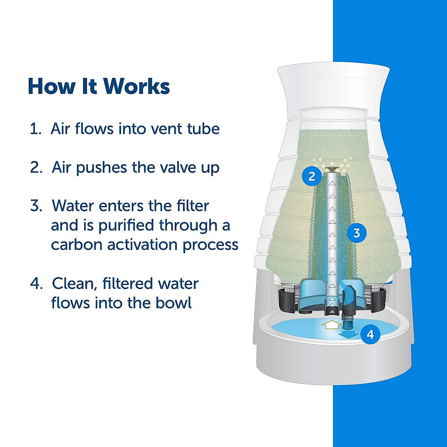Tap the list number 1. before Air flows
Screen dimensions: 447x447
pos(35,129)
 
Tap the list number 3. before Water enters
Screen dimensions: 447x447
pos(36,206)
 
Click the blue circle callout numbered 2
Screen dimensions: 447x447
pos(312,176)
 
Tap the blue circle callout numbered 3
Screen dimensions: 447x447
pos(356,233)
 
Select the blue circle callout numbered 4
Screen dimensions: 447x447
pos(370,335)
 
